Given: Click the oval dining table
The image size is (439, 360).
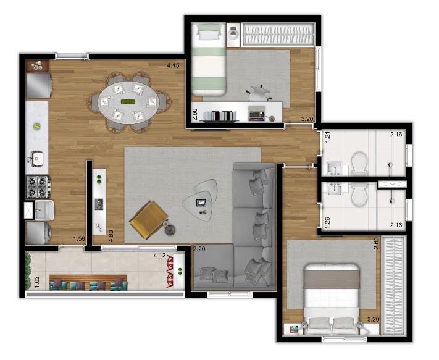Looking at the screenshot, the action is pyautogui.click(x=128, y=103).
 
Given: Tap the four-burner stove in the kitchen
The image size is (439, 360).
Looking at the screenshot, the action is pyautogui.click(x=38, y=187).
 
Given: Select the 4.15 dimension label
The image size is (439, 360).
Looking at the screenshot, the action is pyautogui.click(x=173, y=66).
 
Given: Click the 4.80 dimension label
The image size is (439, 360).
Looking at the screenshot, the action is pyautogui.click(x=111, y=236).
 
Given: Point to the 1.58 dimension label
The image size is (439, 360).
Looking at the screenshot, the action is pyautogui.click(x=79, y=238).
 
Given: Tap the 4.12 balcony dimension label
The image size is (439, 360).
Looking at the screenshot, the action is pyautogui.click(x=159, y=255).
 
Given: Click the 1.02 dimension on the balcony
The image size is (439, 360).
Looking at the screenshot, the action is pyautogui.click(x=36, y=282).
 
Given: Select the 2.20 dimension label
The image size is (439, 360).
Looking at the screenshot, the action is pyautogui.click(x=199, y=249).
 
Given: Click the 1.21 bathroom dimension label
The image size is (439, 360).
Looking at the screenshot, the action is pyautogui.click(x=328, y=137).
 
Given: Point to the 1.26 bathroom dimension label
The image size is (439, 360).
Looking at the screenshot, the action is pyautogui.click(x=328, y=223).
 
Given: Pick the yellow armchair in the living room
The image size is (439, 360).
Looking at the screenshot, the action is pyautogui.click(x=149, y=219).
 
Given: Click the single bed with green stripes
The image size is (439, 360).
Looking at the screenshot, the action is pyautogui.click(x=209, y=59).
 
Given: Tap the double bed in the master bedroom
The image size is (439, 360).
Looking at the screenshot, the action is pyautogui.click(x=332, y=298).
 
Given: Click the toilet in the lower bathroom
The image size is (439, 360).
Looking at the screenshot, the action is pyautogui.click(x=359, y=195).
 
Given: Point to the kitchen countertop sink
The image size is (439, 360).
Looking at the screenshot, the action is pyautogui.click(x=36, y=159).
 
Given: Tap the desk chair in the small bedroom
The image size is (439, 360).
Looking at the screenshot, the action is pyautogui.click(x=257, y=93).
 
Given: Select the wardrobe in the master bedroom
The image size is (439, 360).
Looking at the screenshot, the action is pyautogui.click(x=395, y=286).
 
